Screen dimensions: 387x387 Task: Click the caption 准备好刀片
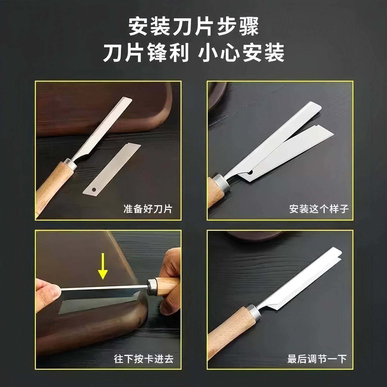point(148,209)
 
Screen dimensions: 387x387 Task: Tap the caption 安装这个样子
point(319,209)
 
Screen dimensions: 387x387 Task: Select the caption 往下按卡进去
point(144,359)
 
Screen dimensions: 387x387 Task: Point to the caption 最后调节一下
point(317,359)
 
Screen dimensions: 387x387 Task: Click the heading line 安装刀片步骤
point(193,27)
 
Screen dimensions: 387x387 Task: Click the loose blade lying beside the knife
point(112,169)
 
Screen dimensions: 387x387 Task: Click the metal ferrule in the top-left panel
point(70,164)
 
